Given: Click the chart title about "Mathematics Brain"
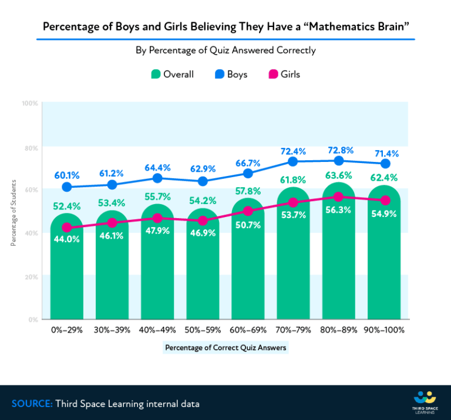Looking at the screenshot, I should [x=225, y=28].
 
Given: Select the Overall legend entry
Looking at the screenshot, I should [x=172, y=74].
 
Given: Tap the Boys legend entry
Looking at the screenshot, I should [x=231, y=74].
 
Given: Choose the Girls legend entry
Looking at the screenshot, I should [x=284, y=74].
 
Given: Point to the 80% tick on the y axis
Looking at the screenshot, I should [x=31, y=147].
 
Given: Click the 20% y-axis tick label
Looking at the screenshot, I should [x=31, y=277].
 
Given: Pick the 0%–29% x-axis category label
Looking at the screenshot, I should [x=66, y=330].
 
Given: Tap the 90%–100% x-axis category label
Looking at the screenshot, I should [x=385, y=330].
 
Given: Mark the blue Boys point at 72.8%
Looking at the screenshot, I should [x=339, y=161].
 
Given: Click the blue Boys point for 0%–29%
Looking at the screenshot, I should [x=67, y=187].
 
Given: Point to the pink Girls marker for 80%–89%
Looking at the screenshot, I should [x=339, y=197].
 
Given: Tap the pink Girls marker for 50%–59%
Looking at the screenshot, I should [x=203, y=221].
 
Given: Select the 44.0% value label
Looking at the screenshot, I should [x=66, y=239].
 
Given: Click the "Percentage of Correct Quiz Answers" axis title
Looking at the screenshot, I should [x=225, y=347].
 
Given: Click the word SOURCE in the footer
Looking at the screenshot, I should [x=32, y=404].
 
